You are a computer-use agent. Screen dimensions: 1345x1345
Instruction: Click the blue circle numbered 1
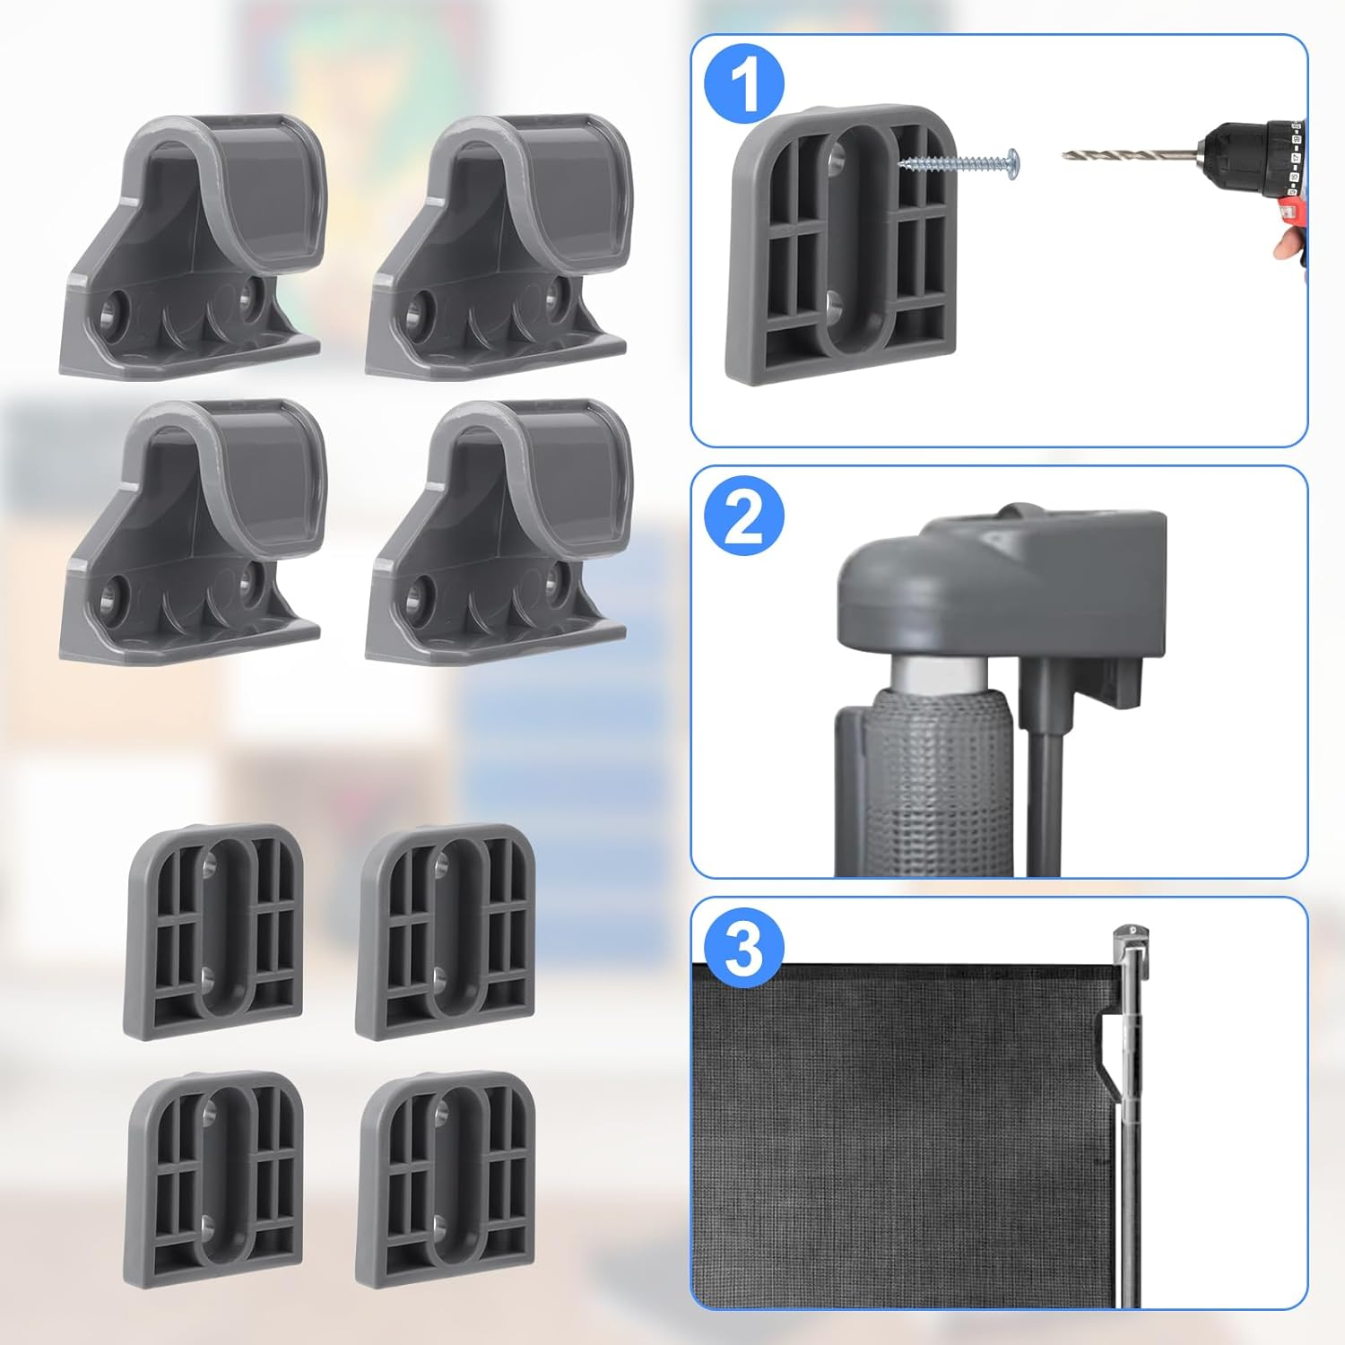744,82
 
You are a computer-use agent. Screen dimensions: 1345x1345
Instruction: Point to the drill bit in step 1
1121,154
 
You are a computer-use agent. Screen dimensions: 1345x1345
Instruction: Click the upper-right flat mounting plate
446,933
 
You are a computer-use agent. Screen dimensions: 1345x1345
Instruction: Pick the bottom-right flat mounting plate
446,1179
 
